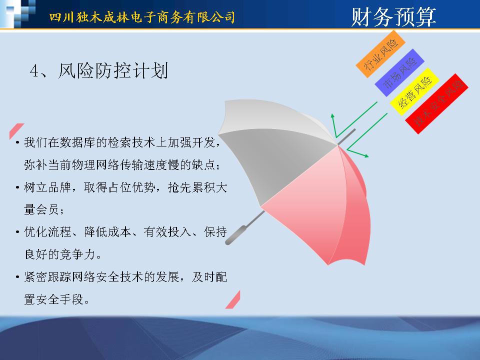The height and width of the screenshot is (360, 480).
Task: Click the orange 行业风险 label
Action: (x=380, y=54)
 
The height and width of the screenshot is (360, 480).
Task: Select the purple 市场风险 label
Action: (x=399, y=72)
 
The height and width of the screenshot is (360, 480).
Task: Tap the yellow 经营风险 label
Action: (x=415, y=91)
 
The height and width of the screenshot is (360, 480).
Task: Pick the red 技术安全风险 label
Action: (x=437, y=104)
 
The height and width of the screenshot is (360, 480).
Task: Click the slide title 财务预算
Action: (x=393, y=17)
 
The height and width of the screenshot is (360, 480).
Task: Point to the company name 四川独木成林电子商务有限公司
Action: (x=142, y=17)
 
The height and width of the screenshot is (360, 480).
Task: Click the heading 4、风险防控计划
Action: (x=99, y=70)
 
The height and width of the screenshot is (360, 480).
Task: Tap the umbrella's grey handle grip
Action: (x=235, y=235)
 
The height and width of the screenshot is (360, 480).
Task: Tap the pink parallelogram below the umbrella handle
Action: (x=233, y=299)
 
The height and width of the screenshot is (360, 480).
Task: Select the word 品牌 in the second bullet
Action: (x=59, y=187)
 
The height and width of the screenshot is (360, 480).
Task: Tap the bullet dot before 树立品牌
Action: (x=18, y=187)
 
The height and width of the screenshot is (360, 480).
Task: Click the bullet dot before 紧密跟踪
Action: (x=18, y=277)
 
